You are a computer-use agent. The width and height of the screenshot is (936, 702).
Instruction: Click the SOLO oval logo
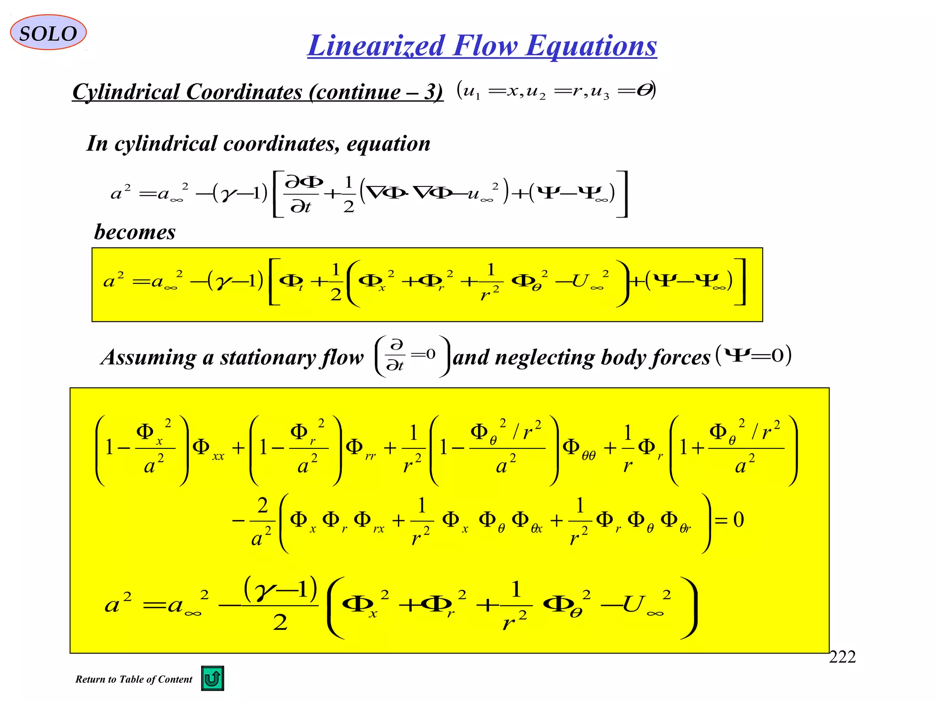(x=48, y=32)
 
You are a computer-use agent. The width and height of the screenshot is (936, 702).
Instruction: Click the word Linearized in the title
(x=376, y=46)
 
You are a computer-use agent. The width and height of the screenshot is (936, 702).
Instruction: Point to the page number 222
(x=842, y=657)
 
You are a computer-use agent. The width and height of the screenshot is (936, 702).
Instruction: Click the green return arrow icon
(x=213, y=678)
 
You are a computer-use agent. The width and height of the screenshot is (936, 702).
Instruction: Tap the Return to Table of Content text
(x=133, y=679)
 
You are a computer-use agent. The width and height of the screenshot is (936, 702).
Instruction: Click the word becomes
(x=135, y=232)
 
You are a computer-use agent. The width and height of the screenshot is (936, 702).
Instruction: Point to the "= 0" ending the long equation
(x=729, y=520)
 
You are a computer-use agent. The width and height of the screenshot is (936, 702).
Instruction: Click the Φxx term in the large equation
(x=208, y=448)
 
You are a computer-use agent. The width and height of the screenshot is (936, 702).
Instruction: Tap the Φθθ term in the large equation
(x=579, y=448)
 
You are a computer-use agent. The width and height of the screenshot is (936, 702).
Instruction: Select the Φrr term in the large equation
(x=360, y=448)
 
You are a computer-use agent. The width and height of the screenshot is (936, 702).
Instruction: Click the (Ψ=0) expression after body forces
(x=753, y=355)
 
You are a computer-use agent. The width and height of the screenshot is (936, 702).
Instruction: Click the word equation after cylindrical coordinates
(x=388, y=144)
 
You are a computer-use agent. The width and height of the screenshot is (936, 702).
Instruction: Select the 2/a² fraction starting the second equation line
(x=262, y=521)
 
